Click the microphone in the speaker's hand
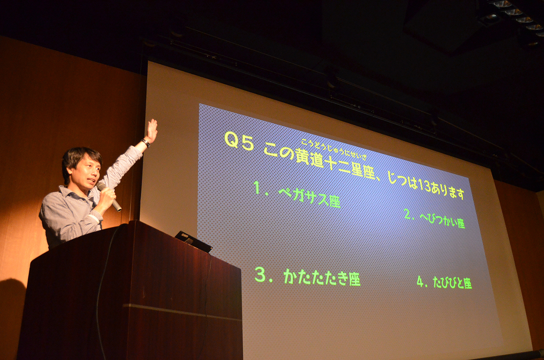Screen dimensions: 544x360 pos(109,197)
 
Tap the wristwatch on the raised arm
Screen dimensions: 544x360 pos(146,143)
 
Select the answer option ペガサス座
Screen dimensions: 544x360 pos(309,198)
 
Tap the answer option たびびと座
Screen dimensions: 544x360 pos(452,283)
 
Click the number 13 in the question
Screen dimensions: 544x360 pos(424,187)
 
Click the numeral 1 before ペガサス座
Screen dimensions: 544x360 pos(257,188)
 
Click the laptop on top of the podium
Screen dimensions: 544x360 pos(193,241)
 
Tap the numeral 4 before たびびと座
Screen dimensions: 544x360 pos(420,281)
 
